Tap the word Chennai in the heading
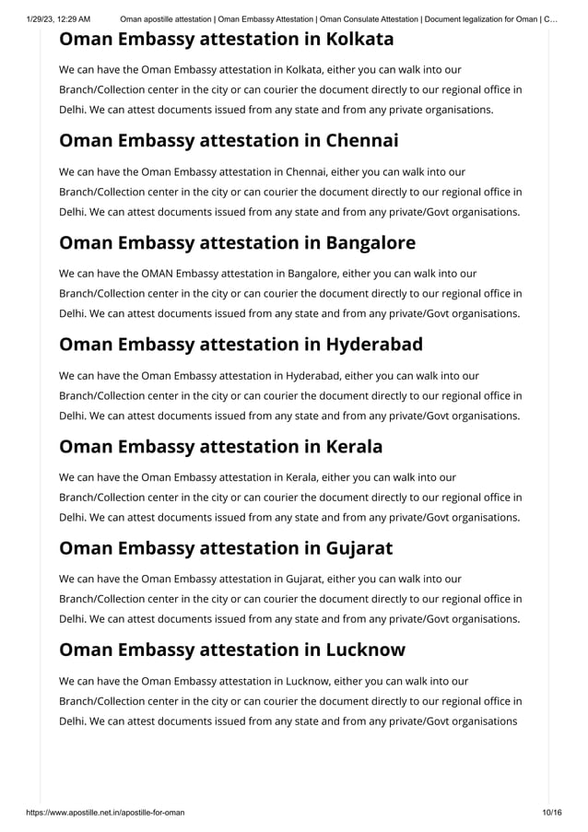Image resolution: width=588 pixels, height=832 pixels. point(361,141)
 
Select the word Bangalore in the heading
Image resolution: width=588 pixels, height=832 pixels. point(370,242)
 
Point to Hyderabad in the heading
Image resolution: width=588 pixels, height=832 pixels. point(374,345)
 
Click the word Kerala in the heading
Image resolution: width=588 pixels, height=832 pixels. point(354,447)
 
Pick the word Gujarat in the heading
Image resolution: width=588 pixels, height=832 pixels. point(359,548)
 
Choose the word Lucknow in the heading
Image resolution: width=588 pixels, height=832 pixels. point(365,650)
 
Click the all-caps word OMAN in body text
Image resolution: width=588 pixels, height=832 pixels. point(157,273)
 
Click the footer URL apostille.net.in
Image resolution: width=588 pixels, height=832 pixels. point(100,811)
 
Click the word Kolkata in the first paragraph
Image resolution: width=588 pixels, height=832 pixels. point(303,69)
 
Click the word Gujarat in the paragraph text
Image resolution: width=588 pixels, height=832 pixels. point(305,579)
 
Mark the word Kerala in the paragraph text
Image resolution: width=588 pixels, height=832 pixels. point(300,476)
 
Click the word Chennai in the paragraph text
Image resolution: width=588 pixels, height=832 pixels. point(306,171)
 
